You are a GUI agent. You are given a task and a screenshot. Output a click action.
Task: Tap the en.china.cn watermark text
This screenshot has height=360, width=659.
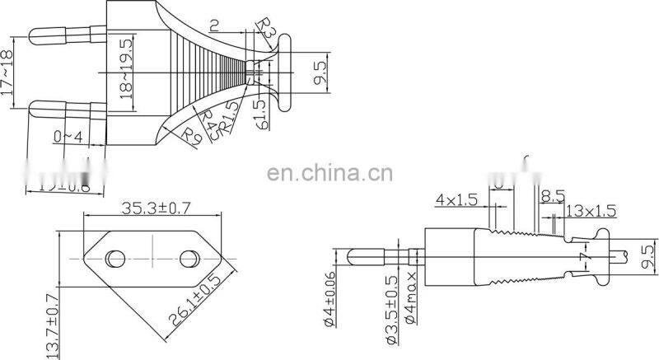[331, 174]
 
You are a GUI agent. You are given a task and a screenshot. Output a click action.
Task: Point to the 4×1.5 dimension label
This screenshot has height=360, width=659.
[456, 199]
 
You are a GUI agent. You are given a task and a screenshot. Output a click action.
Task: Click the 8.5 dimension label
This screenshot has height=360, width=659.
[553, 197]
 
